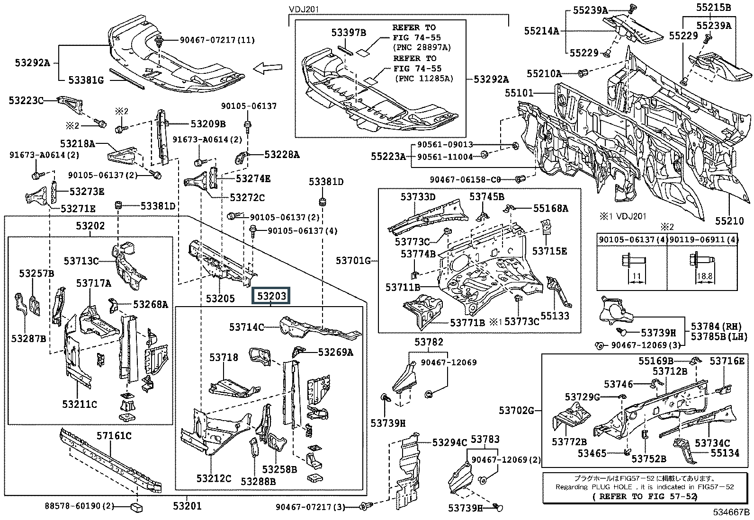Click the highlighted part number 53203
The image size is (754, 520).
(x=271, y=296)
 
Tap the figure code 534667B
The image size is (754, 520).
(x=732, y=512)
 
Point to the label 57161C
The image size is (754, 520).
(x=114, y=435)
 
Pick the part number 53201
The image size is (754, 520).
(x=187, y=506)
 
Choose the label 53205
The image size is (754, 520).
(x=220, y=299)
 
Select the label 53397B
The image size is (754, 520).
(x=349, y=32)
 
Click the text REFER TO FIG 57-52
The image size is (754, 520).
(x=645, y=496)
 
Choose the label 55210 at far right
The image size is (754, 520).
(x=730, y=220)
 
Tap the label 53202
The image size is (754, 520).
(x=90, y=226)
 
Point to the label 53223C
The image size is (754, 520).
(x=26, y=100)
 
